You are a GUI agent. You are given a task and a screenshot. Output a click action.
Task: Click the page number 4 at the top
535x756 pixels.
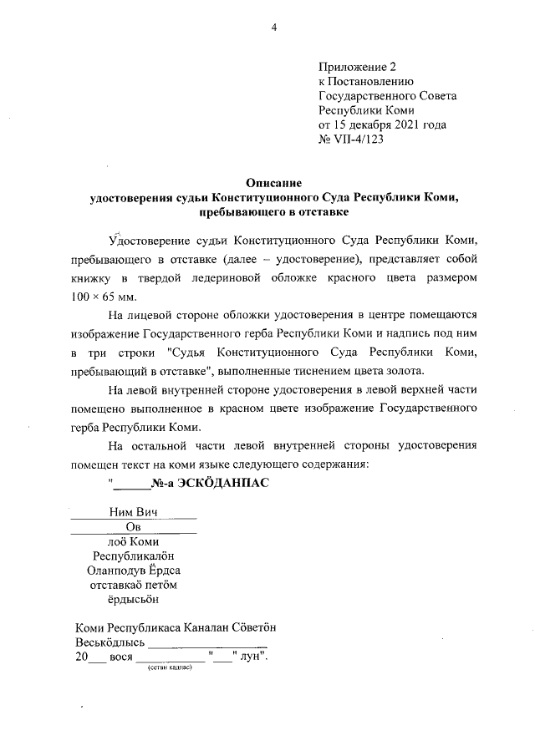(x=273, y=28)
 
